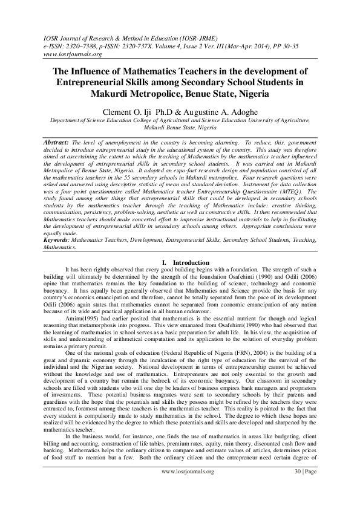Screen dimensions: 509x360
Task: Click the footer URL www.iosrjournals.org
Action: (187, 488)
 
